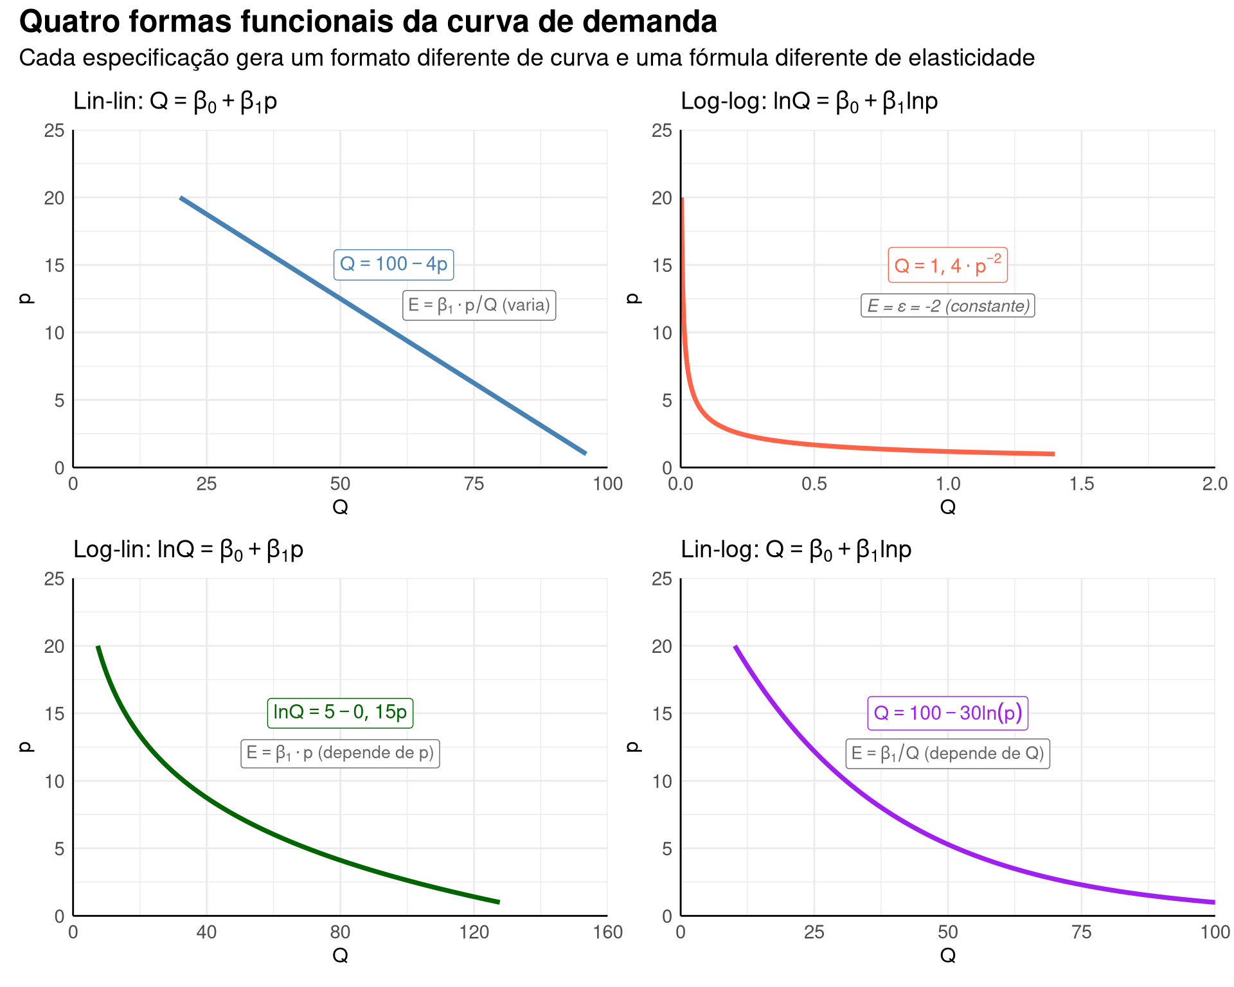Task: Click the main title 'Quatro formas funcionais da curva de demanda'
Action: [x=368, y=22]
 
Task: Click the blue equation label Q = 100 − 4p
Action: [x=393, y=264]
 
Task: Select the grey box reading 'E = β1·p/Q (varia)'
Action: [x=479, y=305]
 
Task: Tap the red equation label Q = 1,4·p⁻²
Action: [x=947, y=265]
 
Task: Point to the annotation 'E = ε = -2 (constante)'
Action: [x=948, y=306]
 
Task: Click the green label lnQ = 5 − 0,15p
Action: [x=340, y=712]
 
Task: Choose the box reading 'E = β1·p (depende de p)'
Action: [x=340, y=752]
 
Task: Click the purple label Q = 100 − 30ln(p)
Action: [x=948, y=713]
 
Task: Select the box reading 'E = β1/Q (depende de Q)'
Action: [x=947, y=753]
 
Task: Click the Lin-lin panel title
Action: [x=175, y=102]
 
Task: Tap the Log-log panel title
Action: [x=809, y=102]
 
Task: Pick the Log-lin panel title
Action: [x=188, y=550]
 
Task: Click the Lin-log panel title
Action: [x=796, y=550]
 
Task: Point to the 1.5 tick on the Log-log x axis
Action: [x=1082, y=484]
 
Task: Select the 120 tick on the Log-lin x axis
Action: [x=474, y=932]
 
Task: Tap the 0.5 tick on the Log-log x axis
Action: [x=814, y=484]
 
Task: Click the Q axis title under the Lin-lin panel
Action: [x=340, y=507]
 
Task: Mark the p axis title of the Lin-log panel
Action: [x=634, y=747]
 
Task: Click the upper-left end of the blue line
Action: [x=181, y=198]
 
